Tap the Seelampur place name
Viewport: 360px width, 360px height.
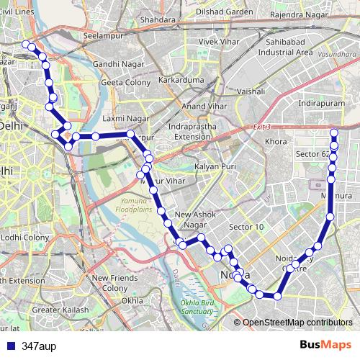point(103,35)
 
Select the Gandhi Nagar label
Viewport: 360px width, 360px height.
point(115,64)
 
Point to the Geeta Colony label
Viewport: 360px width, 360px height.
point(124,82)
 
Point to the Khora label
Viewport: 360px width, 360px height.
point(276,142)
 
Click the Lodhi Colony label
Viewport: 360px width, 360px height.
point(24,237)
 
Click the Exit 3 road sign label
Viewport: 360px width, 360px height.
point(261,127)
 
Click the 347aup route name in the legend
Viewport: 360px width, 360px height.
point(39,346)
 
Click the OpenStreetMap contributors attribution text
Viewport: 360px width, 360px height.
point(297,323)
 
